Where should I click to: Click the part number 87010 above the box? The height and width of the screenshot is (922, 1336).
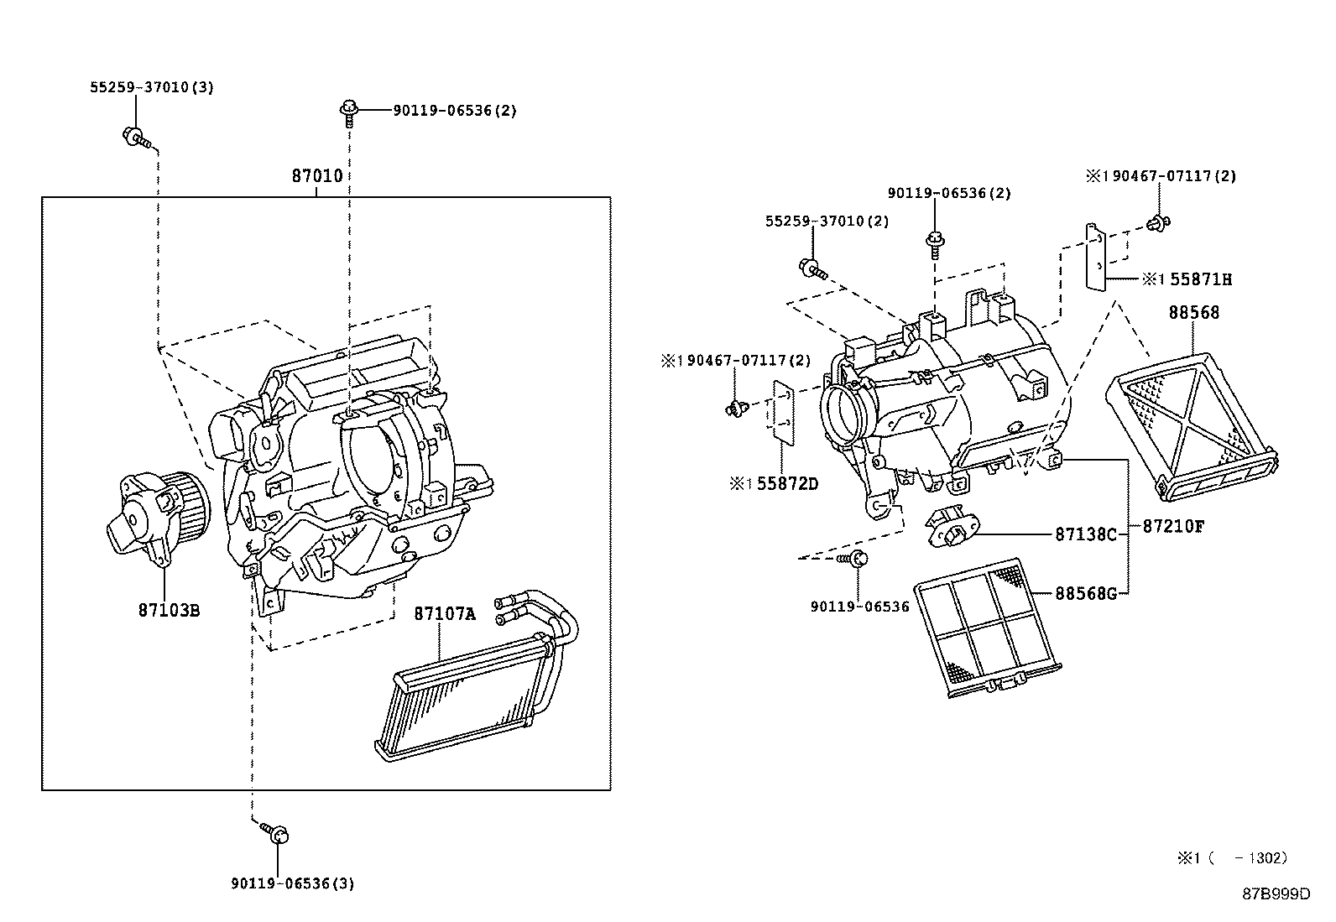(316, 176)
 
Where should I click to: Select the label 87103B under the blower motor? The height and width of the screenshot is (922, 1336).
(169, 610)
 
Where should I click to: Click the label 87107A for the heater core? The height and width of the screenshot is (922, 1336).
(444, 614)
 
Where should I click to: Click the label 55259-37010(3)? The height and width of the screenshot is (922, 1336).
(152, 87)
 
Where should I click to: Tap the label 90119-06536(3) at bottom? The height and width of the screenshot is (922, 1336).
(292, 883)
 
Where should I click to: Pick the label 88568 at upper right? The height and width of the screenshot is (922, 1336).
(1193, 313)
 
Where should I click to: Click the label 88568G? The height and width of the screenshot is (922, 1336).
(1085, 593)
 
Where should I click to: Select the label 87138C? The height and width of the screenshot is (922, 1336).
(1085, 534)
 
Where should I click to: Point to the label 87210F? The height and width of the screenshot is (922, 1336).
(1173, 526)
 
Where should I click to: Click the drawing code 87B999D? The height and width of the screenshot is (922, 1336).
(1276, 893)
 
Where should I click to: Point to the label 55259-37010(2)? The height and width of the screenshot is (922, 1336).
(827, 221)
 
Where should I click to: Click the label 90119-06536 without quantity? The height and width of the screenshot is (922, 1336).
(859, 606)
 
